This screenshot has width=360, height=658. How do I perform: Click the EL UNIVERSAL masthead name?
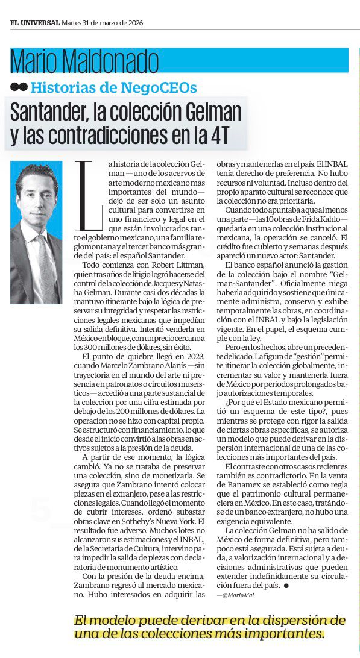point(34,23)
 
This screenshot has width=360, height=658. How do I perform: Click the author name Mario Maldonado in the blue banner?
point(84,61)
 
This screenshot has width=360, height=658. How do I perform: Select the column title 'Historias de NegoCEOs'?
point(113,87)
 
